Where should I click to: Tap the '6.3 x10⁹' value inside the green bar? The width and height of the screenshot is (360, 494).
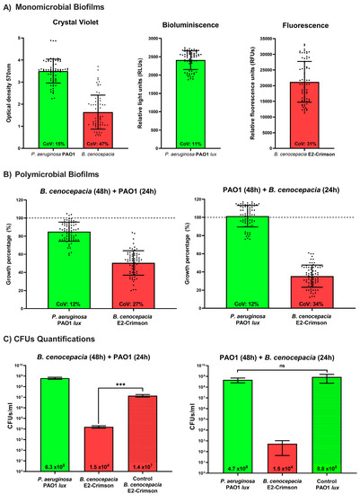[x=57, y=467]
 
